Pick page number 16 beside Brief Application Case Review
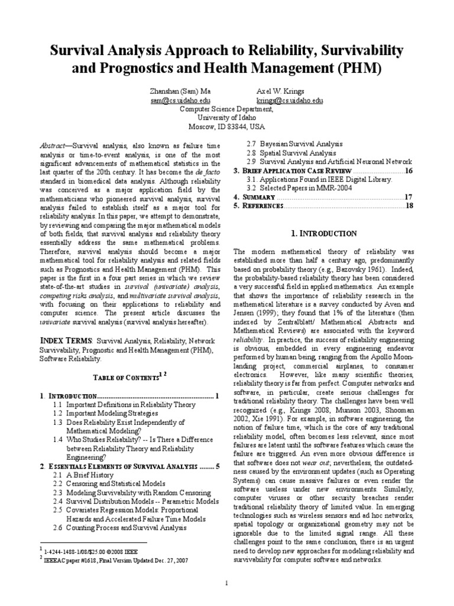[407, 170]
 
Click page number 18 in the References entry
[407, 206]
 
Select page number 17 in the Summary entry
[407, 197]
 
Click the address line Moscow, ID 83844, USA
[226, 127]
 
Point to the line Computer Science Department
[226, 109]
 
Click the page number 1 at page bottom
[226, 584]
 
